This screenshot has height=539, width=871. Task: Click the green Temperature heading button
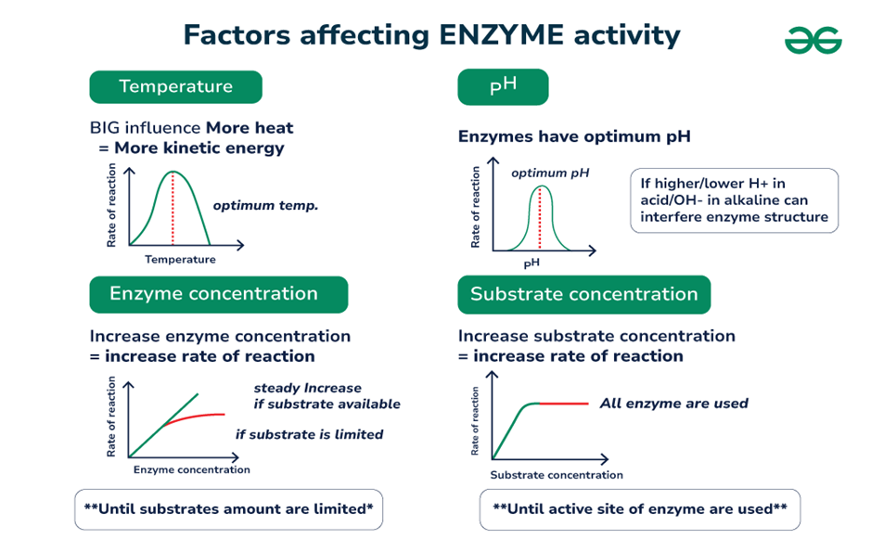click(175, 87)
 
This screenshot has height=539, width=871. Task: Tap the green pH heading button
click(503, 87)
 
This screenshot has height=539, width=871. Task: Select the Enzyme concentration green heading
click(218, 294)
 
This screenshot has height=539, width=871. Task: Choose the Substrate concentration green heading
click(583, 295)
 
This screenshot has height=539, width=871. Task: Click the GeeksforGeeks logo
click(813, 40)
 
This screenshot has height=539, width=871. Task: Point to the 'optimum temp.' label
click(265, 205)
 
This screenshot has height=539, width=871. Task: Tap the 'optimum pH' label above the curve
click(550, 173)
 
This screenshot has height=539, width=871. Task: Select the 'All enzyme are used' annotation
click(673, 404)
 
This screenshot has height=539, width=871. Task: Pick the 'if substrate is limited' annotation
click(309, 434)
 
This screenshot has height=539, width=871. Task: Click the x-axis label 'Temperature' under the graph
click(180, 260)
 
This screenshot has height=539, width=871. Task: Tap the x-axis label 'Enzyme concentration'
click(192, 469)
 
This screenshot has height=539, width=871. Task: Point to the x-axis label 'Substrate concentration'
click(557, 475)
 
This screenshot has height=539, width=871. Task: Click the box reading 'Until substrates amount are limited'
click(228, 509)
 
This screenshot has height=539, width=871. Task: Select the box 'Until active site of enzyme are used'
click(639, 509)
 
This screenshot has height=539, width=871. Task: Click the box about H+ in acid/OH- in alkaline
click(734, 200)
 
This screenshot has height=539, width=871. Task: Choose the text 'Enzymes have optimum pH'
click(574, 137)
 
